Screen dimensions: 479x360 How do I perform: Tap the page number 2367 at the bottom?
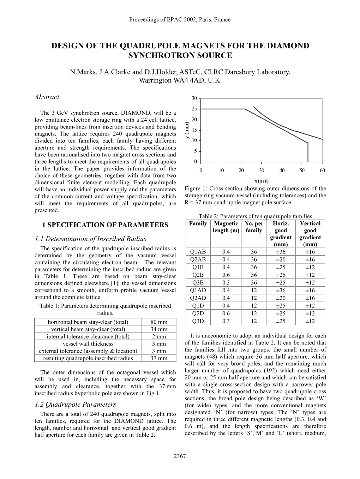180,456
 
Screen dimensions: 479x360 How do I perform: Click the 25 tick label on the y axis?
194,109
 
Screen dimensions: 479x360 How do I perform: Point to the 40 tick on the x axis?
282,170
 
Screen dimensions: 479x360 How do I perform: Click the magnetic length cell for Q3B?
226,283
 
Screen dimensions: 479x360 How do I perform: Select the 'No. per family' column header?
254,227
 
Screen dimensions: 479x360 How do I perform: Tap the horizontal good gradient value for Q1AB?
281,252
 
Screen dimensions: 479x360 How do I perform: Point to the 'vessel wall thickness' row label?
88,344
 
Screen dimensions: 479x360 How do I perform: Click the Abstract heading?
47,97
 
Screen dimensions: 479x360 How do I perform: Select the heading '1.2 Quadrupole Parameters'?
75,405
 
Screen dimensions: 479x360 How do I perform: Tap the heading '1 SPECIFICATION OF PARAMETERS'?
105,225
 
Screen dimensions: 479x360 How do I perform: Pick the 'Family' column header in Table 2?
198,223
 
